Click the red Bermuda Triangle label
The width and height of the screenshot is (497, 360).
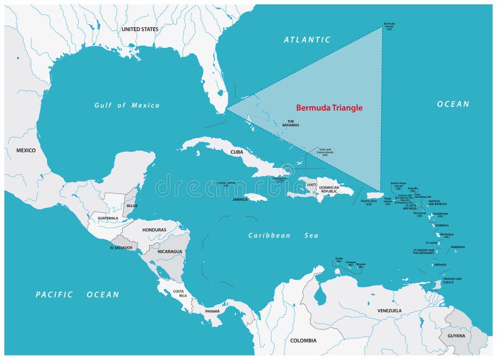coord(329,108)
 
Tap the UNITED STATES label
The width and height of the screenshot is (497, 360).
coord(140,29)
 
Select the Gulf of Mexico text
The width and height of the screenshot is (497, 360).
coord(127,105)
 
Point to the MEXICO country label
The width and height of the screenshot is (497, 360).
coord(26,150)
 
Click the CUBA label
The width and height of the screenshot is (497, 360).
coord(237,152)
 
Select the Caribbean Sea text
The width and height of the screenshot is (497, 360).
coord(283,235)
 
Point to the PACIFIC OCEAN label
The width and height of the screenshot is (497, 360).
coord(77,294)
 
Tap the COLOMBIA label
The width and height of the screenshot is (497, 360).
coord(303,340)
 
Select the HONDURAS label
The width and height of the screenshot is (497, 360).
coord(154,229)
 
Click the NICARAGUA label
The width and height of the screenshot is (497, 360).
coord(169,251)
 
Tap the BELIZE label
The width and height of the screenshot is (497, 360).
coord(131,205)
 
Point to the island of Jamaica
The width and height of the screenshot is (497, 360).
coord(256,196)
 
